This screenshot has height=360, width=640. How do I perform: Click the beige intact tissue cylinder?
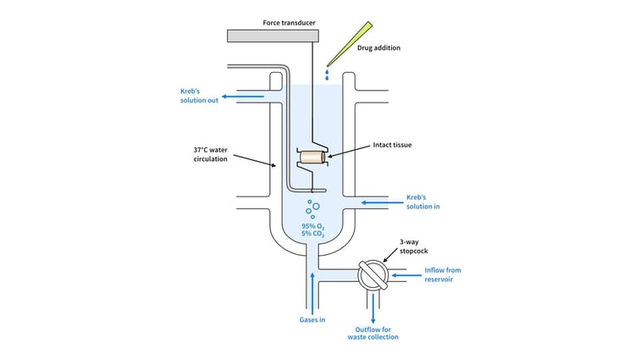tap(312, 157)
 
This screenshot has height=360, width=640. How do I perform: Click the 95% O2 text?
tap(313, 226)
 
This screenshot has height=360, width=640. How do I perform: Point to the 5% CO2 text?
tap(313, 235)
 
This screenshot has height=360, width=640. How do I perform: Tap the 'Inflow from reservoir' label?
tap(443, 274)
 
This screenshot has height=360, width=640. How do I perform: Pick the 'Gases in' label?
tap(313, 320)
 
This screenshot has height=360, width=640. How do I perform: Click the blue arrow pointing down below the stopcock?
tap(372, 309)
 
